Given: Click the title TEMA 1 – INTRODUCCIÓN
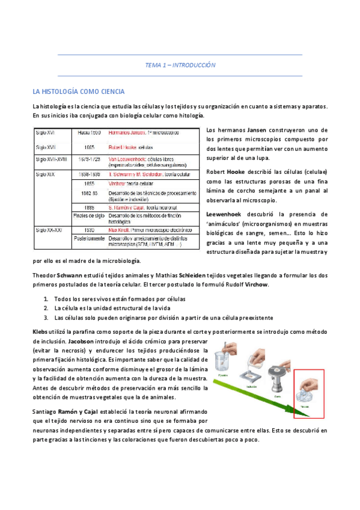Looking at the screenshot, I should [180, 65].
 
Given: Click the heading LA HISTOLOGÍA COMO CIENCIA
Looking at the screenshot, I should [79, 91].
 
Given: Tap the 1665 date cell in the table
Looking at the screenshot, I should [89, 146].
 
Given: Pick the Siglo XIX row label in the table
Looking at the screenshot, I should [46, 173].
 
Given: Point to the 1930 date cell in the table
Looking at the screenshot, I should [89, 229].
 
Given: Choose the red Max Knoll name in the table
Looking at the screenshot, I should [120, 229].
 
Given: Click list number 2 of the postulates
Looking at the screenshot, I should [46, 308].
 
